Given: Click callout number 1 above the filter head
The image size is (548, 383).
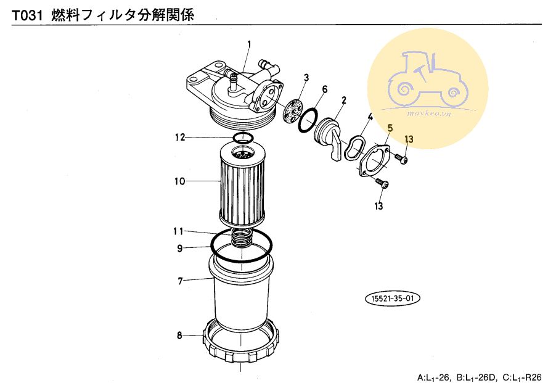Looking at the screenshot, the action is point(249,44).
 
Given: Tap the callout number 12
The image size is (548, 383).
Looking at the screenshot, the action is point(180,138).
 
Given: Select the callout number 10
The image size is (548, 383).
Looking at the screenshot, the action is point(179,181).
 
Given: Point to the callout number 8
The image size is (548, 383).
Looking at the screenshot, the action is point(179,336).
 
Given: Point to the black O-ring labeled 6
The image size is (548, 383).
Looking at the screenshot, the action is point(308,121).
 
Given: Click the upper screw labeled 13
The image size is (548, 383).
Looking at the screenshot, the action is point(402,159).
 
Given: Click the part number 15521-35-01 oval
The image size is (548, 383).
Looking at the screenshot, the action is point(392,299).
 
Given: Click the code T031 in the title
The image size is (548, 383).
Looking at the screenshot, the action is point(28,16).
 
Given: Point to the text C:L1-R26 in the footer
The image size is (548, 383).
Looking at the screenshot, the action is point(522,377).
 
